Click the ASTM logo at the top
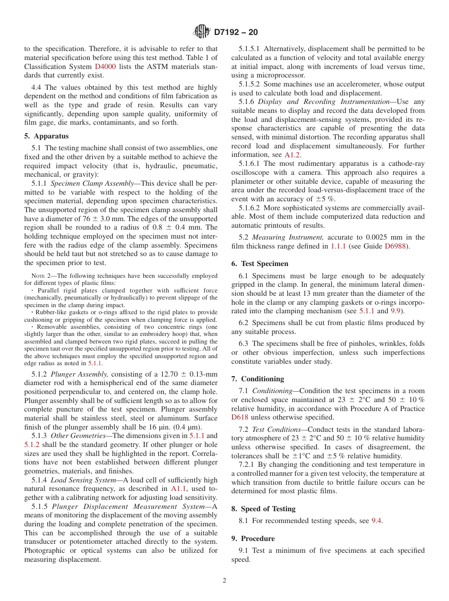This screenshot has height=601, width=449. click(202, 32)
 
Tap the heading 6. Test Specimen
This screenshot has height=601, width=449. click(259, 264)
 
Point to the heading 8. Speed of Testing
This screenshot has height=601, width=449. click(263, 509)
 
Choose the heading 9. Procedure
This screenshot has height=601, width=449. click(253, 539)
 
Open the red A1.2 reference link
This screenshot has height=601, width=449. click(293, 155)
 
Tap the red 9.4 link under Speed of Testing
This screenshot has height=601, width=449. click(376, 521)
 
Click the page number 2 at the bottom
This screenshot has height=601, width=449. click(224, 581)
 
